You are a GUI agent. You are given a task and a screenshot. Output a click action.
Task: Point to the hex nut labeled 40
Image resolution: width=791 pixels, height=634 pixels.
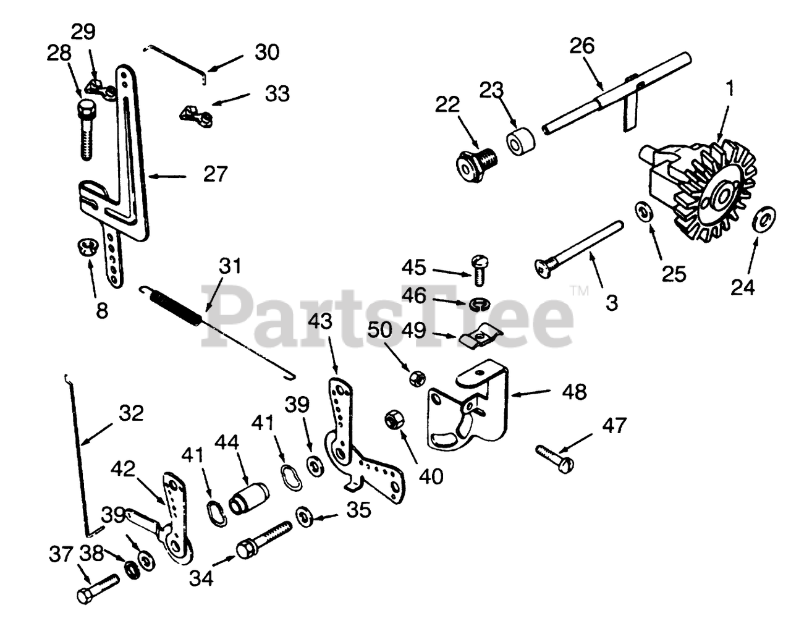tap(392, 420)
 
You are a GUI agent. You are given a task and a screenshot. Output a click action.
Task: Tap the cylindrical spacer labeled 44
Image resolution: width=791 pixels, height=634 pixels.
tap(249, 498)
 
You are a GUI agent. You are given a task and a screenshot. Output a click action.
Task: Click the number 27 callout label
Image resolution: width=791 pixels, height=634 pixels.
tap(216, 174)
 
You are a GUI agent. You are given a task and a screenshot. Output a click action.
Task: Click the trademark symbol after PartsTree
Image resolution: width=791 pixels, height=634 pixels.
tap(579, 290)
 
